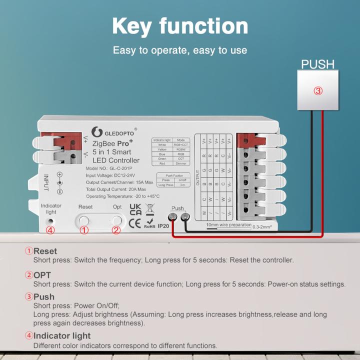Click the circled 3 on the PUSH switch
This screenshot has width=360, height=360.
point(318,91)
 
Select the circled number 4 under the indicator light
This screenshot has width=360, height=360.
point(49,230)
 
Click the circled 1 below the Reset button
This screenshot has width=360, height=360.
point(84,230)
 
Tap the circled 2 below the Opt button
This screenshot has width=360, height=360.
point(116,230)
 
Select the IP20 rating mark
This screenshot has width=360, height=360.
point(163,226)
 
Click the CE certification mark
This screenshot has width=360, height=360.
point(135,223)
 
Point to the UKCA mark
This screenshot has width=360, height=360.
point(135,209)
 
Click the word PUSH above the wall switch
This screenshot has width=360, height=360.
point(317,64)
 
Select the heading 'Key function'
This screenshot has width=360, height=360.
point(179,25)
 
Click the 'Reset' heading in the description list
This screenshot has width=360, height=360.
point(45,251)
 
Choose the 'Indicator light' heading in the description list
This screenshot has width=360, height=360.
point(62,335)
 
